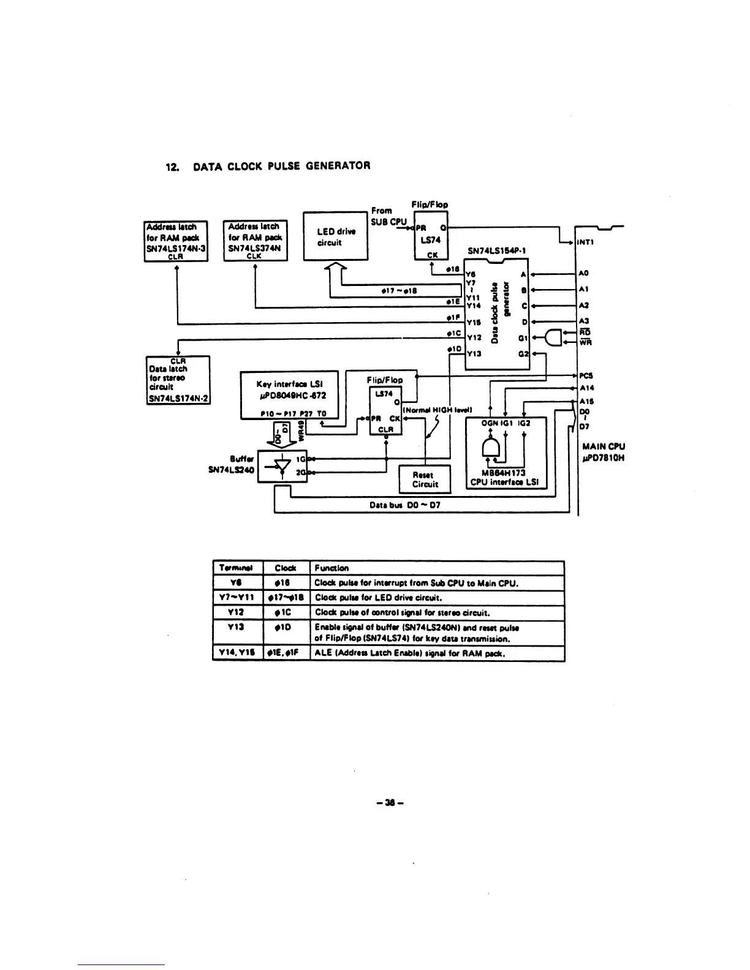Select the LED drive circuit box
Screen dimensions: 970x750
336,236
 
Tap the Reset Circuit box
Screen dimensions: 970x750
425,479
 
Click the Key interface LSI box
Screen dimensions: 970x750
289,394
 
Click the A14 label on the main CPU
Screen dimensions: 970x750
586,388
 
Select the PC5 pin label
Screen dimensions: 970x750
586,375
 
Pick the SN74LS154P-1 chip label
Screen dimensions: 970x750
496,250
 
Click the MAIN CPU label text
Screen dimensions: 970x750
604,446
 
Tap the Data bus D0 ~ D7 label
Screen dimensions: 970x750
405,505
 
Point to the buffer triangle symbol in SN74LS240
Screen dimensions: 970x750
281,466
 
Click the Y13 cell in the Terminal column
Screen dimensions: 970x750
237,627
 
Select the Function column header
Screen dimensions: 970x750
331,568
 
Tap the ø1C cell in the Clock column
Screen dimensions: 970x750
286,612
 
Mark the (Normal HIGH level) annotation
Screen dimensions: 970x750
437,410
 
